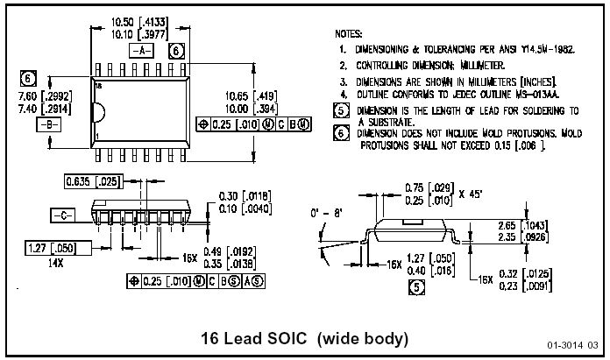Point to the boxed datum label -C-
pos(61,214)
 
